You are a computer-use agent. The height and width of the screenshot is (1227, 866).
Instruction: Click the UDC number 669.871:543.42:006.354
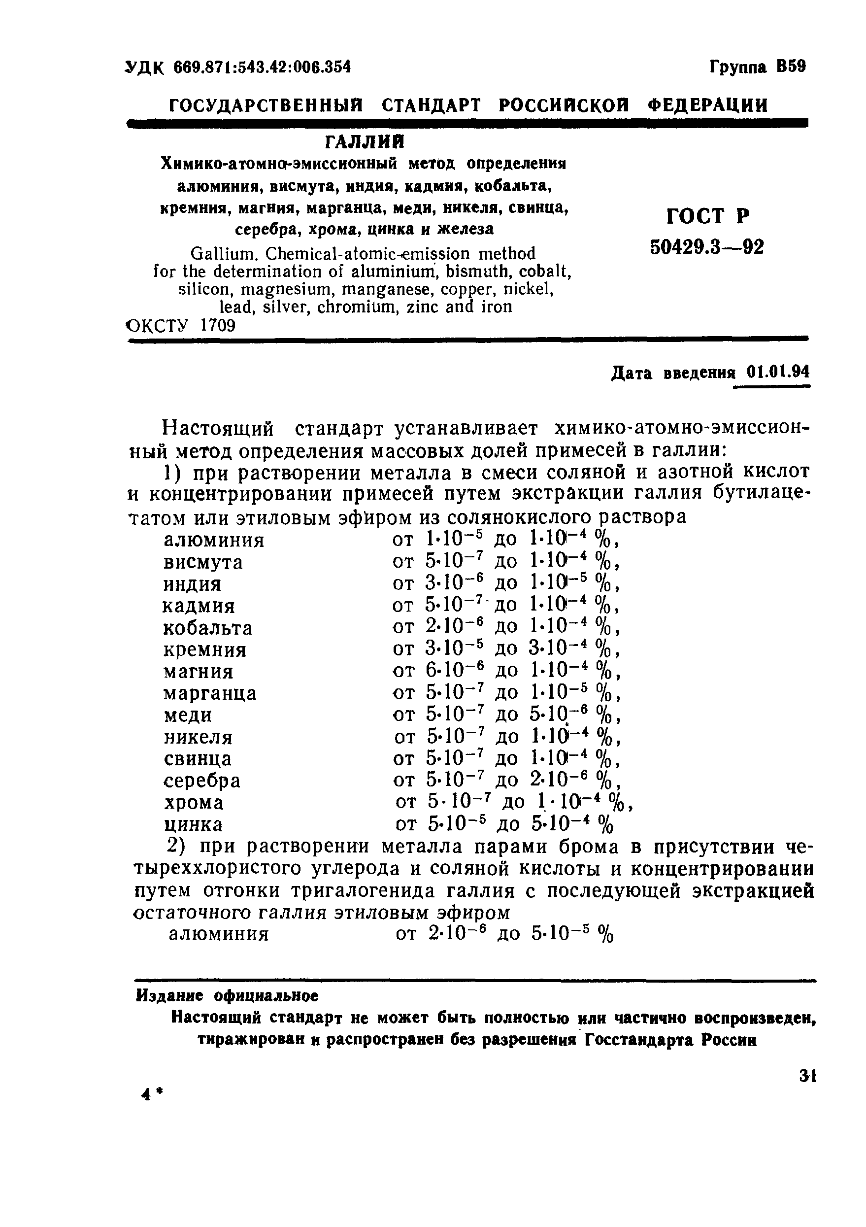coord(262,68)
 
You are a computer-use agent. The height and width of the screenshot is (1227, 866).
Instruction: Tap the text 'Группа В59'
coord(757,67)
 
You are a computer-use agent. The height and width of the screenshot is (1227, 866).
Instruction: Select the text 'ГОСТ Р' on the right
coord(708,216)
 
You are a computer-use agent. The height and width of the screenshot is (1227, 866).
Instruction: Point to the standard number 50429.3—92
coord(707,247)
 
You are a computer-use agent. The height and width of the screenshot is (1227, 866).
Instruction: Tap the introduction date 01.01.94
coord(778,372)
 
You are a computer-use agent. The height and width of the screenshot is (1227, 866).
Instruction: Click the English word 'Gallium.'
coord(225,253)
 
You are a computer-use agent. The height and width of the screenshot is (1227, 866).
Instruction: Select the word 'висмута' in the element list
coord(203,562)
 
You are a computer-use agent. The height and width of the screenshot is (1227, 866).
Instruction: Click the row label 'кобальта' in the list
coord(207,628)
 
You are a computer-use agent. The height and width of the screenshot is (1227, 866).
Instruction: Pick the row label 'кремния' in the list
coord(204,650)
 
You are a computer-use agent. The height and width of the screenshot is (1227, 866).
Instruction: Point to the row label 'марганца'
coord(209,694)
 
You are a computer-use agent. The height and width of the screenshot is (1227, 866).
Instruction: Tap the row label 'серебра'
coord(202,781)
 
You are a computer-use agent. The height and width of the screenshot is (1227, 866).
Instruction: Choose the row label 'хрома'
coord(194,803)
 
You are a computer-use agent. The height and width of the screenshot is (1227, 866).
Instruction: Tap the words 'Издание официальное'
coord(228,996)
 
